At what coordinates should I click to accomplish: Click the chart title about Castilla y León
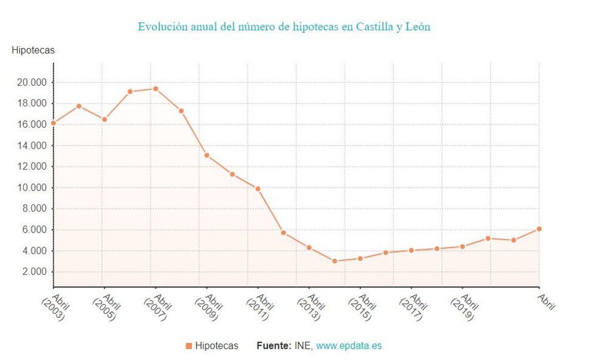[284, 27]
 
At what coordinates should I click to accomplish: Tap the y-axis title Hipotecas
[33, 50]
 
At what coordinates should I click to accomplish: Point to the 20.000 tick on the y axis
[32, 83]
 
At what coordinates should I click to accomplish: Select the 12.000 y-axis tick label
[32, 167]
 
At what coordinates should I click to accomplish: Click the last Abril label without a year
[546, 302]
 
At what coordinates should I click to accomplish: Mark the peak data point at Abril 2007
[156, 89]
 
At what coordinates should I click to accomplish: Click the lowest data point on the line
[335, 261]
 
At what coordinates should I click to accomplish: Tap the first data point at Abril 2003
[53, 123]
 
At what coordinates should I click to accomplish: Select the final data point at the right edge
[539, 229]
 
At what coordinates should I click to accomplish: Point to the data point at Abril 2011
[258, 188]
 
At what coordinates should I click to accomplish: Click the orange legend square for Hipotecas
[188, 346]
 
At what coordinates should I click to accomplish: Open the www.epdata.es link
[349, 346]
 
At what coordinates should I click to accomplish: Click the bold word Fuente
[273, 346]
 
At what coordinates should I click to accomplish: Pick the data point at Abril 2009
[207, 155]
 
